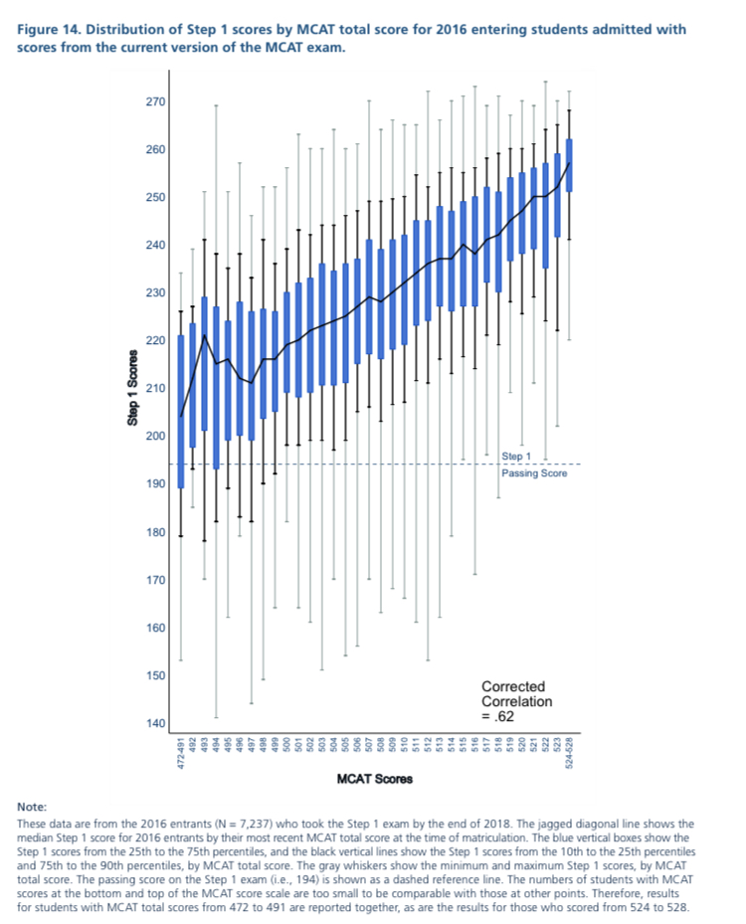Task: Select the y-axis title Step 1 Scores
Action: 131,389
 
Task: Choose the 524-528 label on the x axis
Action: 569,748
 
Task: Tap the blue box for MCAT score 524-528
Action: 569,165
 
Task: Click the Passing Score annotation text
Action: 534,473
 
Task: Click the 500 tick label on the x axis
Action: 287,743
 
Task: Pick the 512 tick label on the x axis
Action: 428,743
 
